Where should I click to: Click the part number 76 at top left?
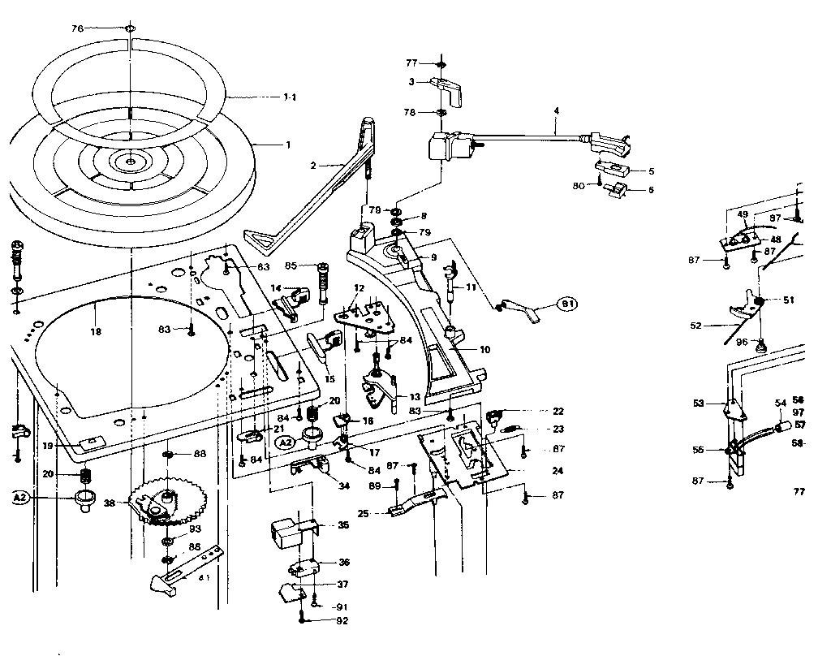[x=78, y=28]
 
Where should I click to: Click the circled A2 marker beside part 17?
[x=285, y=443]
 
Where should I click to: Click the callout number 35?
[x=343, y=525]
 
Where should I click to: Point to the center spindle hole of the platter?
[x=130, y=162]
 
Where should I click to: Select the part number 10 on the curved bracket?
[x=484, y=350]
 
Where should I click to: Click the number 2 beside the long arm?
[x=312, y=165]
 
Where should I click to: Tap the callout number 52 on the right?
[x=695, y=326]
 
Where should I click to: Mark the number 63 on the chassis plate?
[x=263, y=266]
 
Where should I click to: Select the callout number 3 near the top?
[x=411, y=81]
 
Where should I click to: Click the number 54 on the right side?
[x=780, y=403]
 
